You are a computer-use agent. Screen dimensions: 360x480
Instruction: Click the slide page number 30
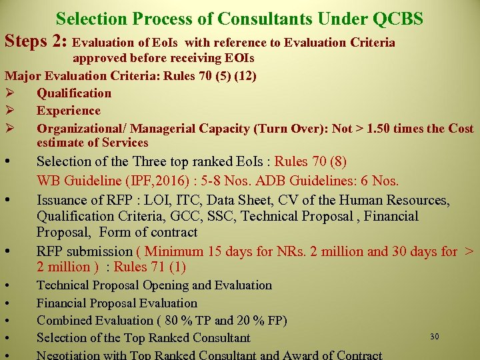click(x=435, y=337)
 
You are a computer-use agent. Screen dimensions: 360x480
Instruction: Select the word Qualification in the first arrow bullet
click(x=74, y=93)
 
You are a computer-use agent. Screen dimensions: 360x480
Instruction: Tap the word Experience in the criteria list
click(x=69, y=111)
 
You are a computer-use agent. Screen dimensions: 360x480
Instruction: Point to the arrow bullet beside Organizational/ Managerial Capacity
click(x=9, y=128)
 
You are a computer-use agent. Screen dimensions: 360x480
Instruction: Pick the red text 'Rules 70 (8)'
click(x=311, y=162)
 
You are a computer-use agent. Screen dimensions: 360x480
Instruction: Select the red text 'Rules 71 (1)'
click(x=150, y=267)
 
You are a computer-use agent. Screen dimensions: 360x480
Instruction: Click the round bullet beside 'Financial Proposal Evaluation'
click(x=6, y=303)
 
